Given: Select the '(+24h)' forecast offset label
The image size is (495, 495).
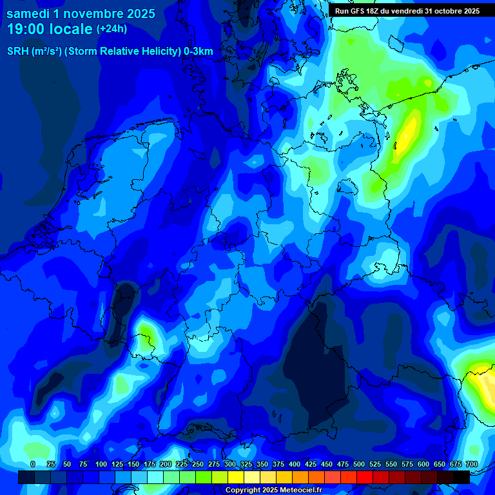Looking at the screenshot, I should [112, 29].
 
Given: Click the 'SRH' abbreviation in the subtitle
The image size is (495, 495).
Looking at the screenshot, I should [18, 52].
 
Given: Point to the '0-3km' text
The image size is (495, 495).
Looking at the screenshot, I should [198, 52].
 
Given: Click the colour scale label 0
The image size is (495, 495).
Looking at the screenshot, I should [33, 464].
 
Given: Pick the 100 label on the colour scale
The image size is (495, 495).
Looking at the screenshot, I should [101, 464].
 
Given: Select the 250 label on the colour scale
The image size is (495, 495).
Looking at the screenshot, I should [198, 464].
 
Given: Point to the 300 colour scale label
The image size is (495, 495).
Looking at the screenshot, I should [230, 464].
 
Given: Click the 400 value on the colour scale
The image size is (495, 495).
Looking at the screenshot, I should [295, 464].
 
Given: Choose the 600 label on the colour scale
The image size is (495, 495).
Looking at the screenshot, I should [423, 464].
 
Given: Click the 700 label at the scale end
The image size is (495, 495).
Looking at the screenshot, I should [471, 464].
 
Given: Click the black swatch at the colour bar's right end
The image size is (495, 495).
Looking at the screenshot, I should [461, 477].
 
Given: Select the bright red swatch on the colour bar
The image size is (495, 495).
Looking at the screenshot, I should [365, 477].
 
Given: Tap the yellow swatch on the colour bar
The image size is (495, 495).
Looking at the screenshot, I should [236, 477].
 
